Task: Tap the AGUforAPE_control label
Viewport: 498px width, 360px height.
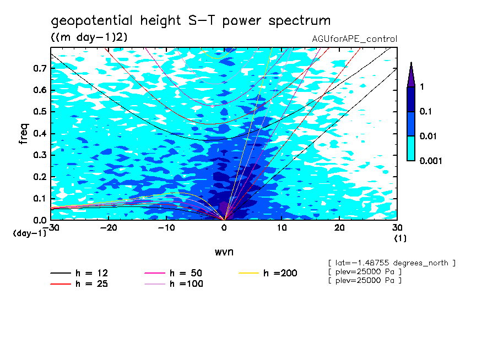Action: click(x=354, y=39)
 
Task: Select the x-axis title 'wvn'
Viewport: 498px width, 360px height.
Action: click(x=224, y=252)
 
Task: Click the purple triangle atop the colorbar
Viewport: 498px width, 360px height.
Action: click(x=411, y=74)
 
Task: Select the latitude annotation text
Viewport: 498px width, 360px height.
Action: click(x=391, y=263)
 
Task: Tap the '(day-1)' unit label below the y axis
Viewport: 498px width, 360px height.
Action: click(x=29, y=233)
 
